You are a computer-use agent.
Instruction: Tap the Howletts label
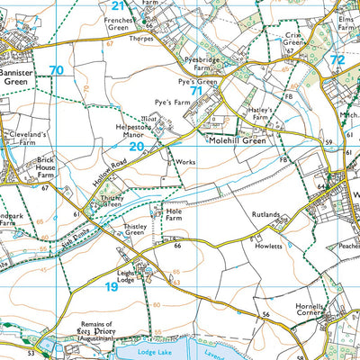point(268,246)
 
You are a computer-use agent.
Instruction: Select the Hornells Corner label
point(314,312)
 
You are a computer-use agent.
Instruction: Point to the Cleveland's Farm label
point(21,137)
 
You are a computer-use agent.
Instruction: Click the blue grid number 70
point(57,71)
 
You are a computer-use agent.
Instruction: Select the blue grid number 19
point(111,286)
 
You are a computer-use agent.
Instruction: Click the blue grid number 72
point(337,60)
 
